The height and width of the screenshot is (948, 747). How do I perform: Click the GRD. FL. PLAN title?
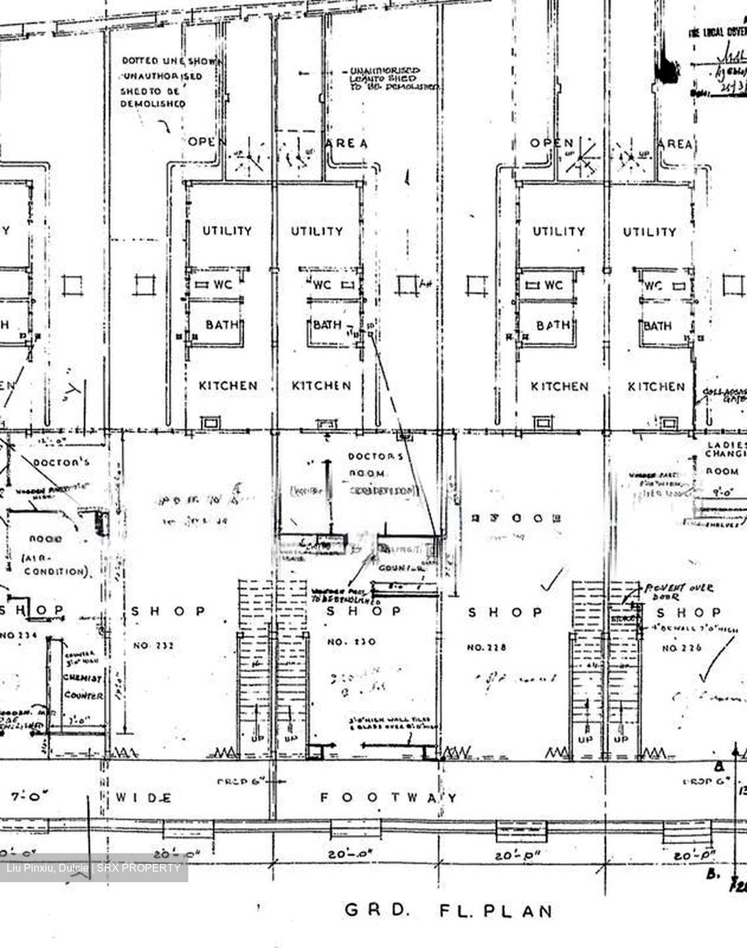click(x=448, y=911)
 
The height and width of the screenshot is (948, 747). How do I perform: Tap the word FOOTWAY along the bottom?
click(x=388, y=798)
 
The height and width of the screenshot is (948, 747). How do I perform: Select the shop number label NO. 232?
click(x=154, y=646)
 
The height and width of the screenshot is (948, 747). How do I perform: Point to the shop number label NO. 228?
click(x=486, y=647)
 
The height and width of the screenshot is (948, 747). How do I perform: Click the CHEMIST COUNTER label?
click(x=82, y=686)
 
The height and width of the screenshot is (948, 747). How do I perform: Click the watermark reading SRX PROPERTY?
click(x=93, y=868)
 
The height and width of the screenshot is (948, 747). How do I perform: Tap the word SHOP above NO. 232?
click(x=168, y=611)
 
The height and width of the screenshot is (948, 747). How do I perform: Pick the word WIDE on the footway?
click(x=144, y=798)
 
